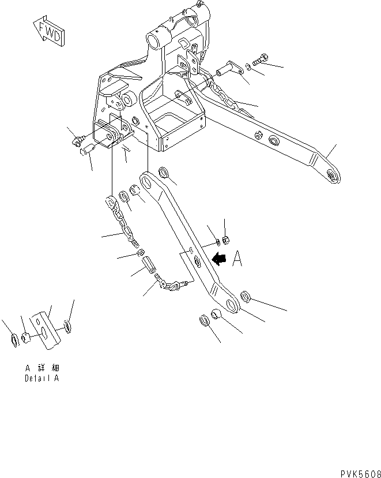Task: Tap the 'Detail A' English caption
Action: coord(41,379)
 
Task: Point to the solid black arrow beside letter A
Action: coord(220,260)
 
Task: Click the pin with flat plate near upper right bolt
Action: coord(227,70)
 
